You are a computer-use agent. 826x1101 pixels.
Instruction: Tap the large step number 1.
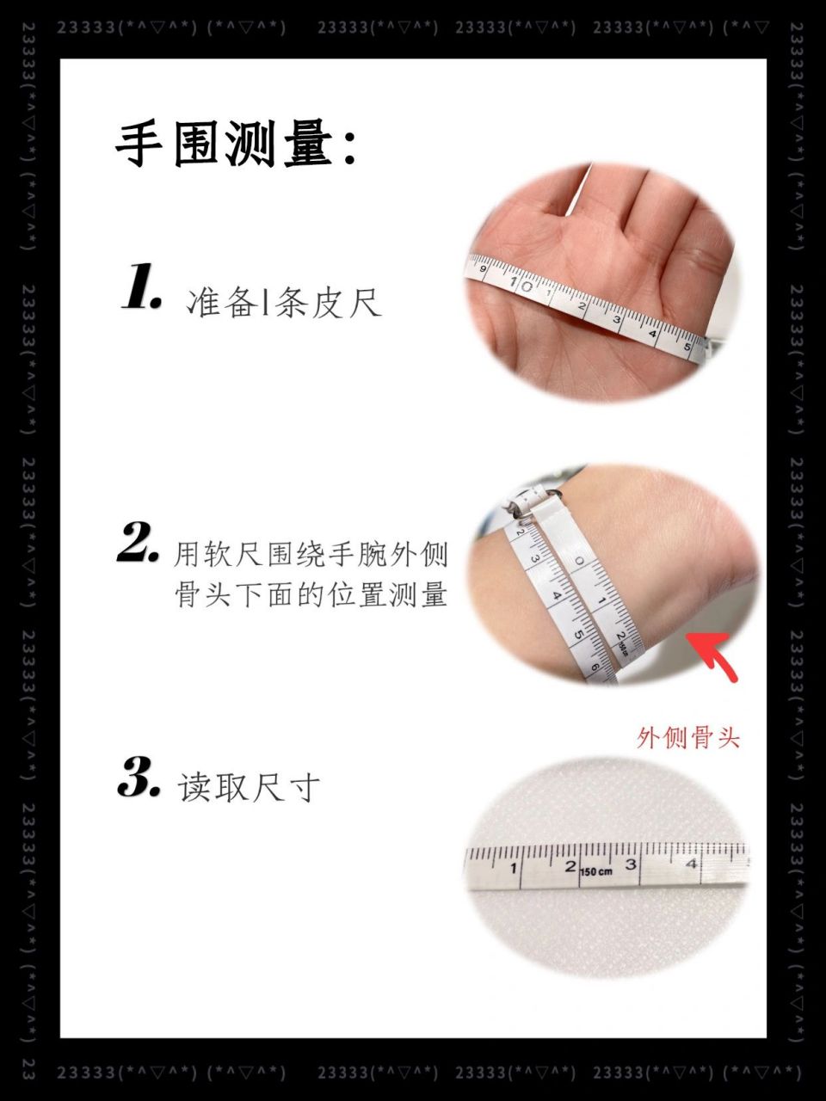[141, 289]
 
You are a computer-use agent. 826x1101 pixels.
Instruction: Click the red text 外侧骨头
[688, 738]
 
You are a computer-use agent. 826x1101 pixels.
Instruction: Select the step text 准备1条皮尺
[283, 303]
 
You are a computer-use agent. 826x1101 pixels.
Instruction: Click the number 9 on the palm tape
[484, 270]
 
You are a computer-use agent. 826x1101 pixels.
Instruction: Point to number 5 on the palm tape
[687, 347]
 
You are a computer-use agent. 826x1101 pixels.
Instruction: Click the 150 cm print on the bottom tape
[596, 872]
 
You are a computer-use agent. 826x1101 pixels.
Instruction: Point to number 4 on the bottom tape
[692, 864]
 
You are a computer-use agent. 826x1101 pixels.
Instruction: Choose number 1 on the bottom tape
[513, 868]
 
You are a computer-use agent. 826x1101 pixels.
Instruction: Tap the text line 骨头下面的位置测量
[311, 594]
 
